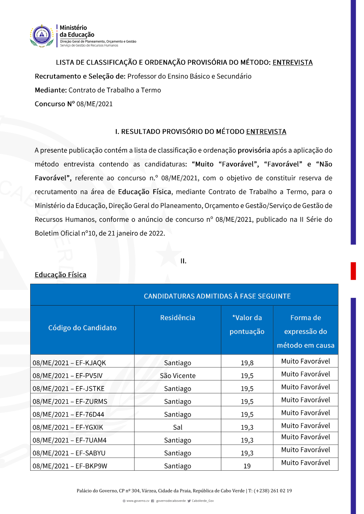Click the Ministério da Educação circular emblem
click(x=42, y=36)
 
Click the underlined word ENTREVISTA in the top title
click(x=292, y=63)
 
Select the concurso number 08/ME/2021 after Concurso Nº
click(x=94, y=104)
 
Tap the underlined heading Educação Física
click(x=60, y=275)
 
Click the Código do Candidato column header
click(x=82, y=328)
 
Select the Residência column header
click(x=178, y=318)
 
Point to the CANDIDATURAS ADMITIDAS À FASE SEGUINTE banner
click(x=217, y=296)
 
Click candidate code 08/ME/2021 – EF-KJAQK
click(x=69, y=363)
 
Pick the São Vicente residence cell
click(x=178, y=376)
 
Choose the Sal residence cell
click(x=178, y=427)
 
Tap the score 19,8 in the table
click(x=247, y=363)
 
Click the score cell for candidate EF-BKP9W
click(x=247, y=466)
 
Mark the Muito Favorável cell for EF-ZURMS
click(x=305, y=400)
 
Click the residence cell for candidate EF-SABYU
click(x=178, y=453)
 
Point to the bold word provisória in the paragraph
click(x=254, y=151)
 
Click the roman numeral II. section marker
click(x=183, y=261)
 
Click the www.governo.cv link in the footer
click(x=138, y=501)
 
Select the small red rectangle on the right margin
click(x=353, y=271)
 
